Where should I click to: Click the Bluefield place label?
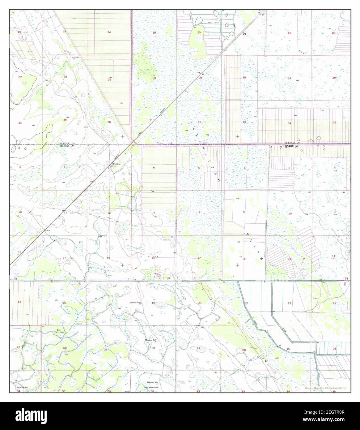tap(116, 164)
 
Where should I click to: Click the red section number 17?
tap(199, 258)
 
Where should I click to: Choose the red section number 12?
tap(109, 213)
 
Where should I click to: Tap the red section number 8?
tap(199, 213)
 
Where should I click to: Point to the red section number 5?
tap(199, 168)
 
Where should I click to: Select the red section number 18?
tap(154, 258)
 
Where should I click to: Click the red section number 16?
tap(244, 258)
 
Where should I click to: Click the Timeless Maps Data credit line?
tap(325, 388)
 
